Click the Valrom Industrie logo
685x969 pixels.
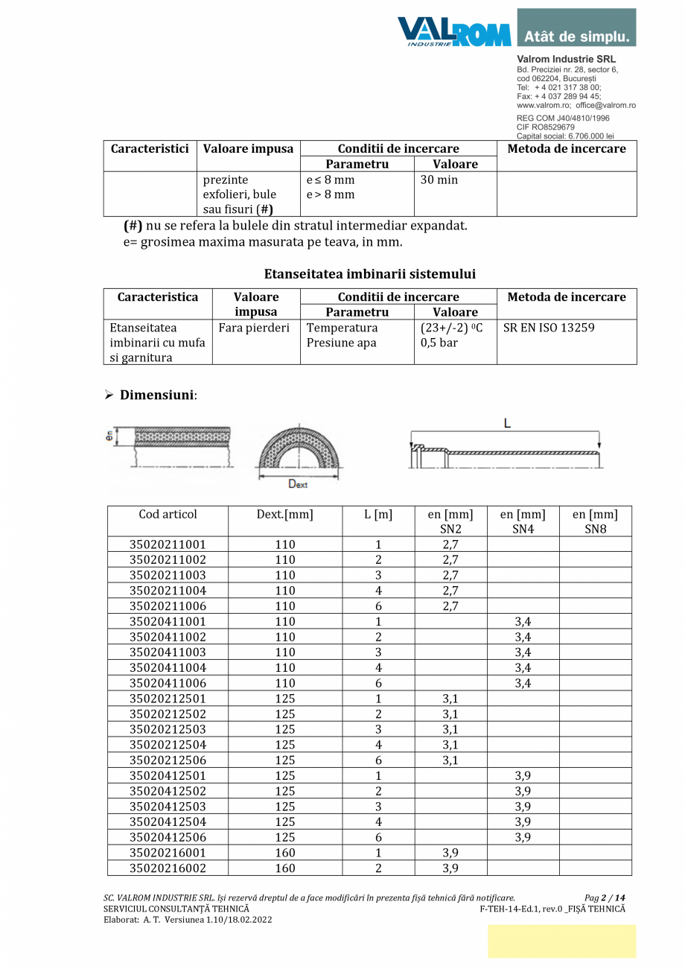click(453, 31)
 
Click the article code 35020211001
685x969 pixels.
click(168, 544)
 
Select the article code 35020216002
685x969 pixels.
click(168, 868)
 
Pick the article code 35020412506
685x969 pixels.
click(168, 837)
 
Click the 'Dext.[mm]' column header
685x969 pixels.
click(284, 515)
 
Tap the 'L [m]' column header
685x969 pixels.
click(378, 515)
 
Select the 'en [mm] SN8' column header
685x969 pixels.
click(595, 521)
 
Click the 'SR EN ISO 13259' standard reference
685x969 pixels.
click(549, 328)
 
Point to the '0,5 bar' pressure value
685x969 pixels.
click(439, 343)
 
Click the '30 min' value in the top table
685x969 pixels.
click(439, 180)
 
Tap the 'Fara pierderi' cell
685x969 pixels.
click(254, 328)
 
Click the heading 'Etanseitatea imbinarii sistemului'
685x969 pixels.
click(369, 274)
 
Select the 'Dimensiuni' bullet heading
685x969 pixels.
click(157, 395)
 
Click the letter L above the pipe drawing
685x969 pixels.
click(507, 424)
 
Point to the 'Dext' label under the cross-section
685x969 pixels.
click(298, 484)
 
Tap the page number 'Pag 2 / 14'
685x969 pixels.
click(605, 897)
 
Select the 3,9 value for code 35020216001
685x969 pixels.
click(450, 853)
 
